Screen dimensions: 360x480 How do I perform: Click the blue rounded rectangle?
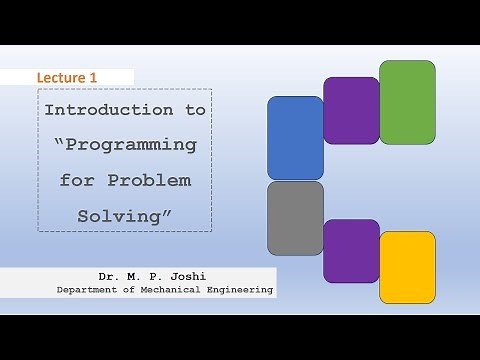coord(295,138)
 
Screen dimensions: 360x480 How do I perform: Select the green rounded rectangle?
coord(407,102)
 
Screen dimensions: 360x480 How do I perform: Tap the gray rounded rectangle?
coord(295,218)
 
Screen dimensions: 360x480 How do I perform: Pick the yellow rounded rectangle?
coord(407,267)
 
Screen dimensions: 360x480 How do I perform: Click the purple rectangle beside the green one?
coord(351,110)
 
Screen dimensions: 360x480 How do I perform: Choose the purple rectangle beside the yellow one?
coord(351,250)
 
